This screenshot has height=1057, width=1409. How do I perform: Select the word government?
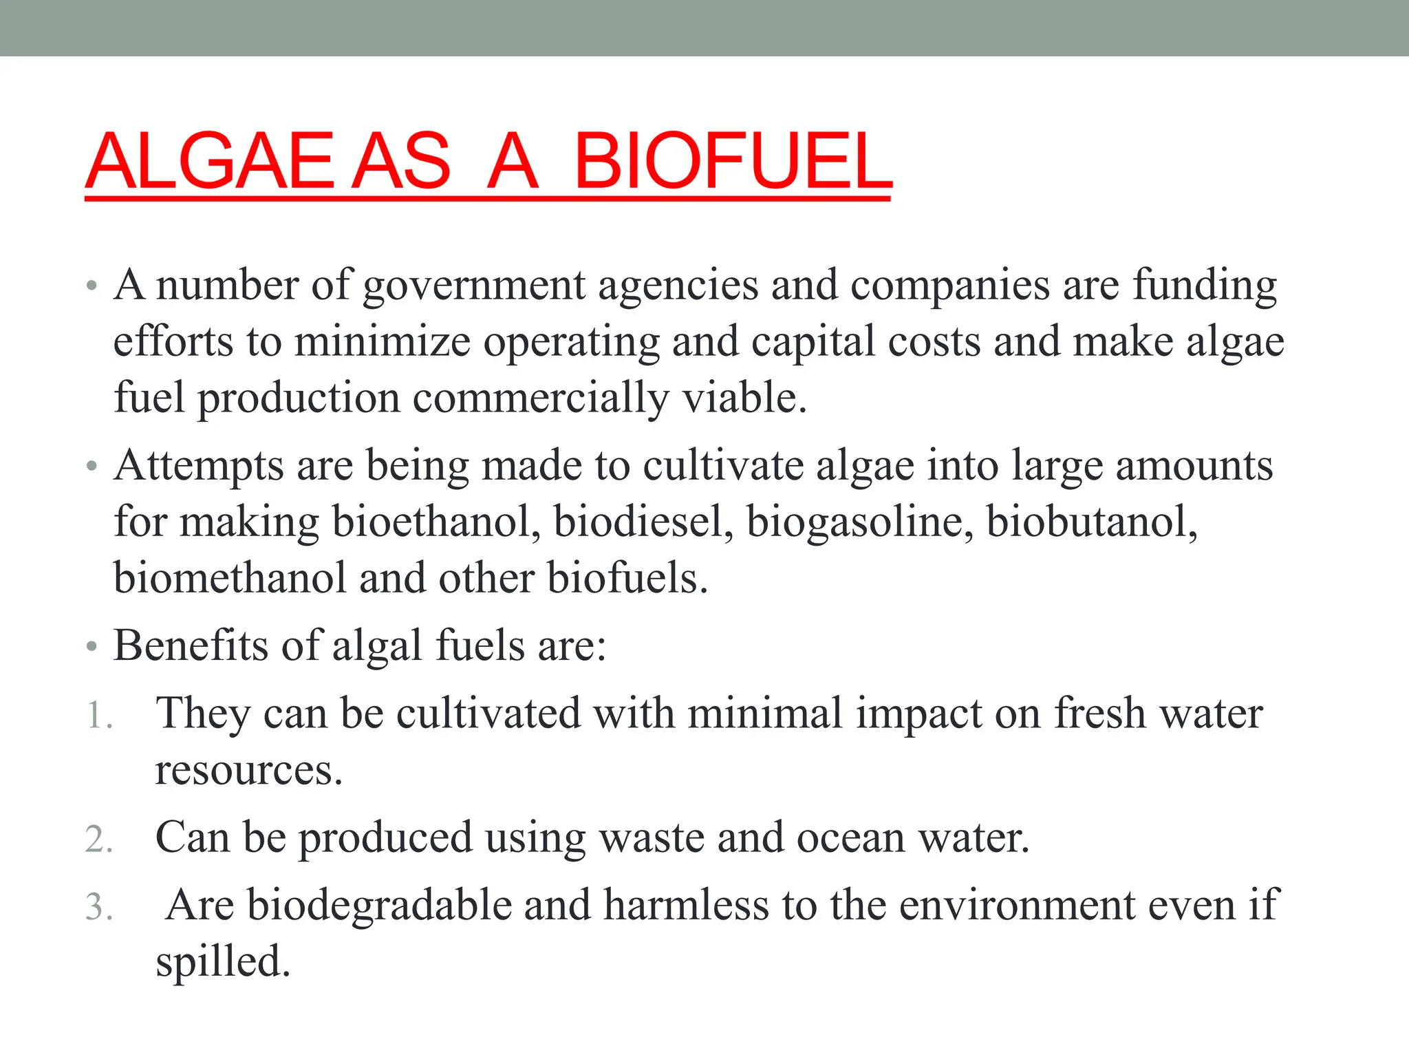[x=474, y=286]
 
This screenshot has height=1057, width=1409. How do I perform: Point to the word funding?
[x=1205, y=286]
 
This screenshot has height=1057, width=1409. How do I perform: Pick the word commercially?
[x=540, y=399]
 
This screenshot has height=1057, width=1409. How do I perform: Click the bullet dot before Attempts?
[x=92, y=467]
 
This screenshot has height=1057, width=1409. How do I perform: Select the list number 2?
[x=98, y=840]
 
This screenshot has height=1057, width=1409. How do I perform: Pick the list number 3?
[x=98, y=907]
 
